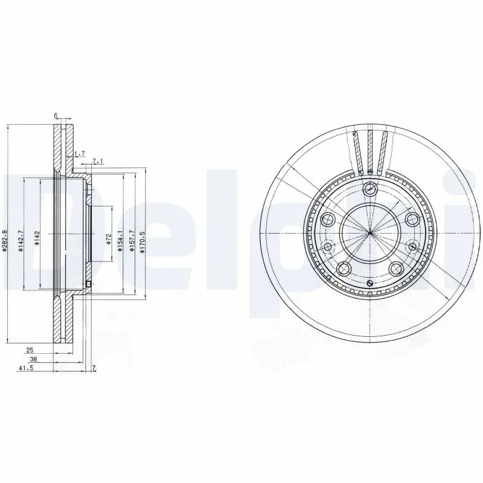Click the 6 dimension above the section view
pos(55,115)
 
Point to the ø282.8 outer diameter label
pos(5,241)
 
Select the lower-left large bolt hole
pos(344,268)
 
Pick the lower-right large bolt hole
pos(395,268)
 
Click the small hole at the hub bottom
pos(369,283)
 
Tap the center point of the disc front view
pos(369,233)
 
